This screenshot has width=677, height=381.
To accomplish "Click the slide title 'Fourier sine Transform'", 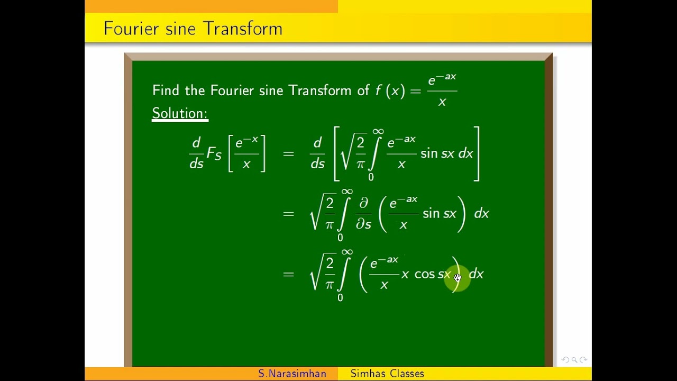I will pos(193,29).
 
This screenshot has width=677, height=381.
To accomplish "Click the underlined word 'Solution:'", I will pos(180,113).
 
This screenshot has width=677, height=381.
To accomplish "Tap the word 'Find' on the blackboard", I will pos(166,90).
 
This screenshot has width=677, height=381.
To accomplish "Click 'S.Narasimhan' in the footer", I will pos(292,374).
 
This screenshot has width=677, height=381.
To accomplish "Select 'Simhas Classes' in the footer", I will pos(387,374).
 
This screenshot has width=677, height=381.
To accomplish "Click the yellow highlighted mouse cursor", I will pos(458,278).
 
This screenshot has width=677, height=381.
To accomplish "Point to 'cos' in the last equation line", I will pos(425,274).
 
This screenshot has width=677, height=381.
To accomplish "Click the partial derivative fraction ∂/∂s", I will pos(363,214).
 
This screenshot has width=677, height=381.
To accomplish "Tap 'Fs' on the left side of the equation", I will pos(214,153).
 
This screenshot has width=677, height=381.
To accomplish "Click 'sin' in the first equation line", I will pos(429,153).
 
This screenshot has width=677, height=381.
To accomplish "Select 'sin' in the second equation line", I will pos(431,214).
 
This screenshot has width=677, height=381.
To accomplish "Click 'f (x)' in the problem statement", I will pos(389,90).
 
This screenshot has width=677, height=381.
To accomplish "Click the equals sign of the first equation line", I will pos(288,154).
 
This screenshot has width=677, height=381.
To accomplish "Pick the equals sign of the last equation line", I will pos(288,274).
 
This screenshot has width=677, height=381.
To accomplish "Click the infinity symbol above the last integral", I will pos(347,252).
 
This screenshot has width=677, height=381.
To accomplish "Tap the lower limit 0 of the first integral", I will pos(371,177).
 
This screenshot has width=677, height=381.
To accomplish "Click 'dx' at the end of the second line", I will pos(481,214).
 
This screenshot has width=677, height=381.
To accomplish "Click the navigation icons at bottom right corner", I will pos(574,360).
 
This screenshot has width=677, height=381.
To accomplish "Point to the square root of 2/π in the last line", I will pos(322,273).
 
